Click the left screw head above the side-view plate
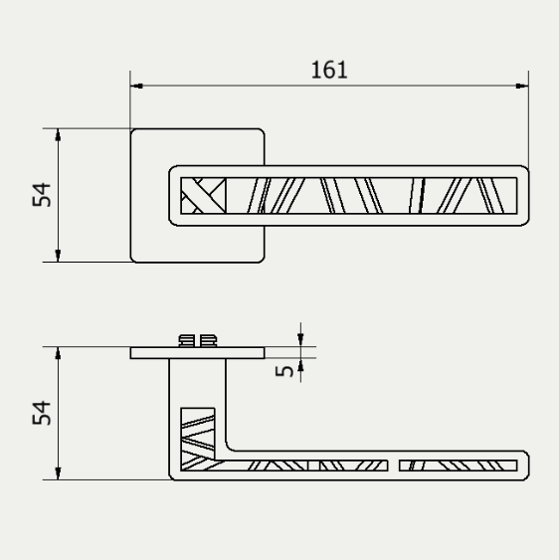[x=186, y=341]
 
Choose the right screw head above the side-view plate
[x=207, y=341]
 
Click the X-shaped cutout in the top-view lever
[x=205, y=194]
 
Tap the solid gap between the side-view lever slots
[x=395, y=465]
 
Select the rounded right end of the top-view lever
[x=524, y=195]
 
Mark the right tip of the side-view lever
[x=525, y=465]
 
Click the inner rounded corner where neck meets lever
[x=233, y=444]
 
